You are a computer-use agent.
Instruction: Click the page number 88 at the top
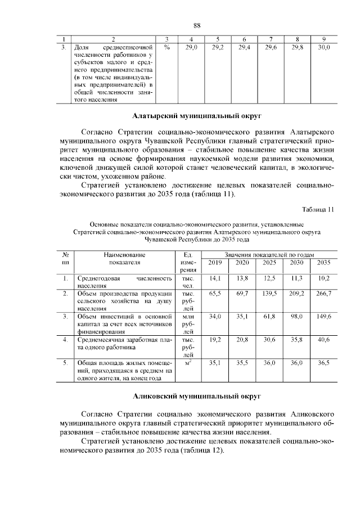(x=197, y=26)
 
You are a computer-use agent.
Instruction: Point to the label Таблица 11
(x=318, y=210)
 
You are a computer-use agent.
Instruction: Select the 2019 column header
(x=215, y=263)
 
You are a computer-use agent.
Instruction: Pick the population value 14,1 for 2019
(x=215, y=278)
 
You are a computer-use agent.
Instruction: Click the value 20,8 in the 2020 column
(x=242, y=340)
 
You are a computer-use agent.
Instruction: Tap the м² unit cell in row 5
(x=188, y=363)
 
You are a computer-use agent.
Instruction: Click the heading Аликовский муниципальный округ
(x=197, y=397)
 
